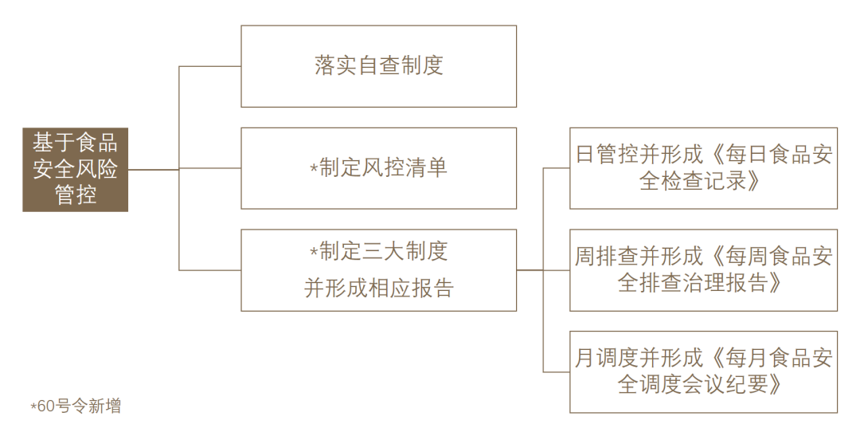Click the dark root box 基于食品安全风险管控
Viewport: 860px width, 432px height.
click(75, 170)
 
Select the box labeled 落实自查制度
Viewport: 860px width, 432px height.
click(378, 66)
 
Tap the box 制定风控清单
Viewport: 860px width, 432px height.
click(378, 168)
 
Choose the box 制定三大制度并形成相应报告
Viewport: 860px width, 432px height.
click(378, 270)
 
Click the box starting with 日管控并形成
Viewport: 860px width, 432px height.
click(704, 168)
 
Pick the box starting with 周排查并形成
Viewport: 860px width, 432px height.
click(704, 270)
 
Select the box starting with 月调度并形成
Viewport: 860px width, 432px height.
click(704, 371)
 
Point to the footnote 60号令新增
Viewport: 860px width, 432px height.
click(76, 406)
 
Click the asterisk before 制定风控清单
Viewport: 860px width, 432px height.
click(314, 167)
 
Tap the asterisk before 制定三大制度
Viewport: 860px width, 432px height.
click(314, 252)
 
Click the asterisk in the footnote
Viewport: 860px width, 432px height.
click(33, 406)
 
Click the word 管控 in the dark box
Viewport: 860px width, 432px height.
click(76, 194)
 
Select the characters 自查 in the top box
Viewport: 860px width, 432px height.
click(379, 65)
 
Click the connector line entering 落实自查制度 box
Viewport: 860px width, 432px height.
click(210, 66)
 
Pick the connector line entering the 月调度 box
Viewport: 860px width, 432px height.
click(557, 372)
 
